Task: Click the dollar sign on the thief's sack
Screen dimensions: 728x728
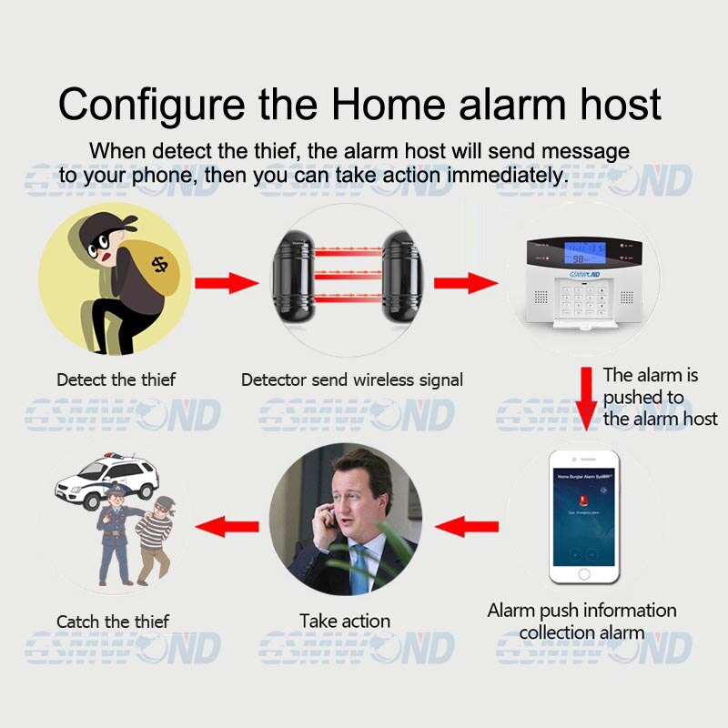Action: coord(160,264)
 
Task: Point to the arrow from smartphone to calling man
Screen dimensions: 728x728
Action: coord(468,526)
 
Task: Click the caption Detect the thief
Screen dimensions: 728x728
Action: coord(116,379)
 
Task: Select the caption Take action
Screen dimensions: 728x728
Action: coord(345,622)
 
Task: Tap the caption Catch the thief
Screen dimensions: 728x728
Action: coord(113,622)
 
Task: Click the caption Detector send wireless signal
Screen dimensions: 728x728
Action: coord(352,379)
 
